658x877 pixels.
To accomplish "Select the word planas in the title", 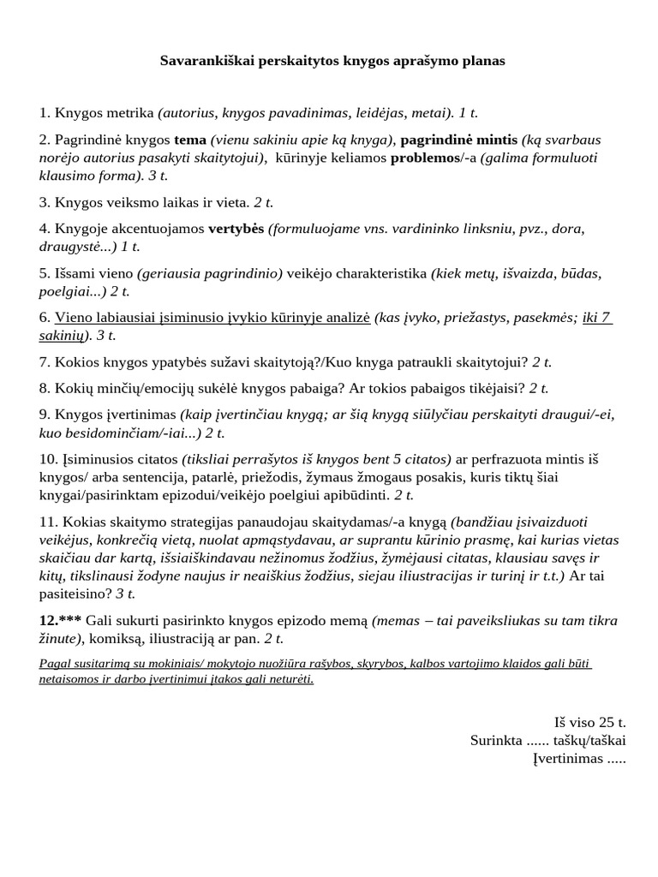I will [x=481, y=62].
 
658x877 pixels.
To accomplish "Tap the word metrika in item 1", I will [x=129, y=112].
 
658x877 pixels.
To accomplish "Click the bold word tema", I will [x=190, y=140].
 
